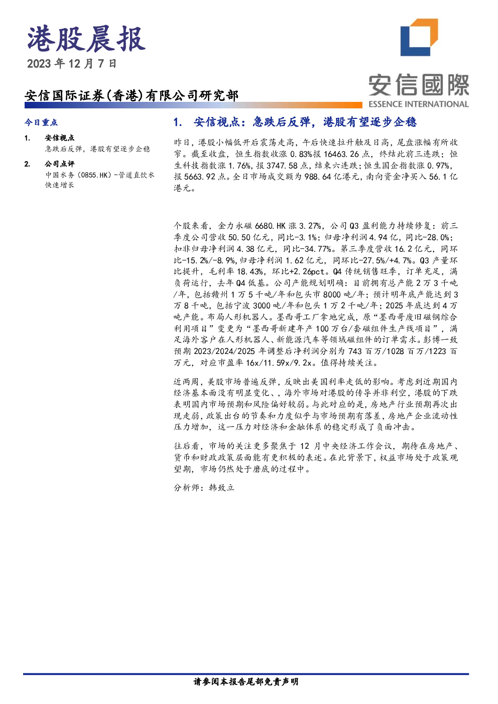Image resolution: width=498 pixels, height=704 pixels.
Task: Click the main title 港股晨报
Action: [x=86, y=39]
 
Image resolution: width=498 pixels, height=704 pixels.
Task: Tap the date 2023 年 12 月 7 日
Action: [x=72, y=64]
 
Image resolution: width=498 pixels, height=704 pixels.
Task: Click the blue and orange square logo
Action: [x=419, y=38]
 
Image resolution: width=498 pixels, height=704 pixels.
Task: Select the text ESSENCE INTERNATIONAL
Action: [x=419, y=104]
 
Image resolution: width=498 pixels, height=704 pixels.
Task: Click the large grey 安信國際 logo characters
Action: [x=419, y=85]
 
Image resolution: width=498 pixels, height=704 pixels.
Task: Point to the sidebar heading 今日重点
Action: [x=41, y=122]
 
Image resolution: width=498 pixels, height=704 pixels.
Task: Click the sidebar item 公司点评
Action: [x=60, y=164]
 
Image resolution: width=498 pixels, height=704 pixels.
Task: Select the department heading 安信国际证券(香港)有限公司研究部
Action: [x=132, y=95]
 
